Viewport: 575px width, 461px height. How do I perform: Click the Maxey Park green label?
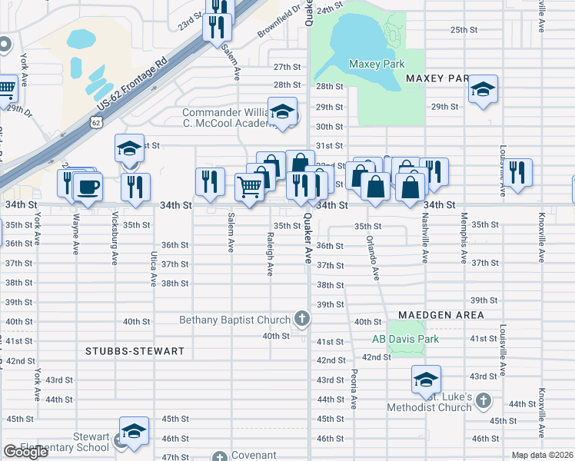coord(376,64)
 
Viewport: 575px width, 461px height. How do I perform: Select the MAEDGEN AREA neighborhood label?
coord(440,315)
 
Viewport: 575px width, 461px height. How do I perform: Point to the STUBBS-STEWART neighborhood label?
coord(135,351)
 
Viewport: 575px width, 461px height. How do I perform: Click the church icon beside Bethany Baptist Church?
coord(303,319)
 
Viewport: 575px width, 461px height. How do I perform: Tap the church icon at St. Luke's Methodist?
coord(483,400)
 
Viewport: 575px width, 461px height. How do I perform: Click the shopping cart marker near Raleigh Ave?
coord(249,187)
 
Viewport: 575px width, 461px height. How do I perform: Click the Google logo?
coord(26,452)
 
